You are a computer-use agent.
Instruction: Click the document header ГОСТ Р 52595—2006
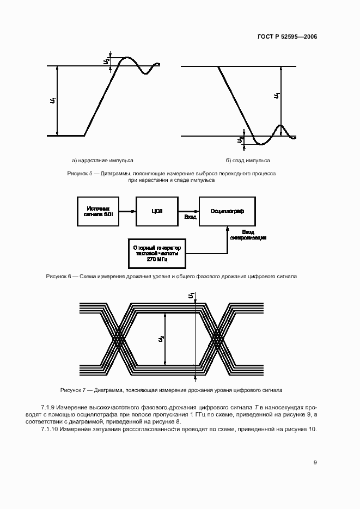286,37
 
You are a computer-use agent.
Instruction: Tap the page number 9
315,462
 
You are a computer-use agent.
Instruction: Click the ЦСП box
156,211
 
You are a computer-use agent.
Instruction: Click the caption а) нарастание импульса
102,161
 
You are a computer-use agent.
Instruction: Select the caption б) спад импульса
248,161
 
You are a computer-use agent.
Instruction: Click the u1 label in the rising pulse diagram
52,100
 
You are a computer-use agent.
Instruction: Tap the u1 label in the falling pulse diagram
277,96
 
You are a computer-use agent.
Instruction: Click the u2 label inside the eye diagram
161,339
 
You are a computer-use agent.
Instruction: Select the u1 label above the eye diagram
191,296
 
